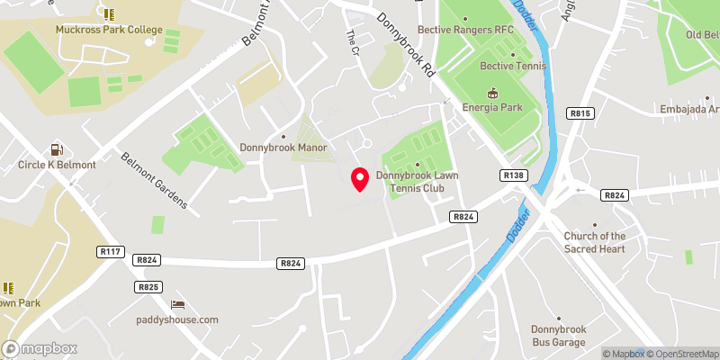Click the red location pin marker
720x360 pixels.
pyautogui.click(x=360, y=179)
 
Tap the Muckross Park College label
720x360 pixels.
pyautogui.click(x=108, y=30)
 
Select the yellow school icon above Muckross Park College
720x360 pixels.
pyautogui.click(x=109, y=13)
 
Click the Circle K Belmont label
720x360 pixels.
pyautogui.click(x=57, y=166)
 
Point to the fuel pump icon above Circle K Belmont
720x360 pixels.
pyautogui.click(x=57, y=149)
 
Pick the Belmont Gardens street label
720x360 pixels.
pyautogui.click(x=154, y=179)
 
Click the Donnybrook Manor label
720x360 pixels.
pyautogui.click(x=283, y=148)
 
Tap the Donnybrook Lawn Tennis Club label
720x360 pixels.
pyautogui.click(x=417, y=182)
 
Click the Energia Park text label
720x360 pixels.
pyautogui.click(x=492, y=108)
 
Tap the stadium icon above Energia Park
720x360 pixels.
pyautogui.click(x=492, y=93)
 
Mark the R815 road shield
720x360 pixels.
pyautogui.click(x=580, y=113)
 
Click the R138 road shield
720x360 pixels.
pyautogui.click(x=514, y=175)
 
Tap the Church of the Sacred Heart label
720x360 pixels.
pyautogui.click(x=594, y=242)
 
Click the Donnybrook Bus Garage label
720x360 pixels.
pyautogui.click(x=559, y=336)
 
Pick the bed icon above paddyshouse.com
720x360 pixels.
pyautogui.click(x=177, y=304)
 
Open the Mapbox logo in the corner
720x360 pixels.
pyautogui.click(x=40, y=348)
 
